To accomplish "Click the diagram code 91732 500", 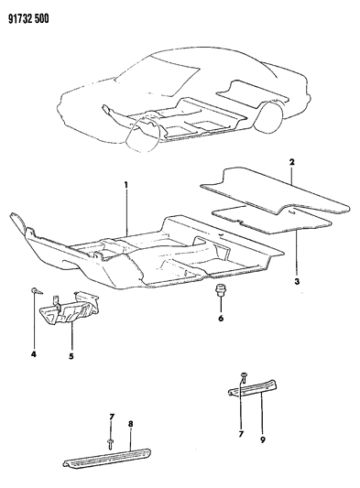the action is tap(28, 19).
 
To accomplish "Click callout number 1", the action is tap(126, 185).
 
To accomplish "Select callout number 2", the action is tap(291, 162).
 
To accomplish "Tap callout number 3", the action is tap(297, 282).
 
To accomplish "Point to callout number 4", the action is tap(33, 353).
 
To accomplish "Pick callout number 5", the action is tap(71, 356).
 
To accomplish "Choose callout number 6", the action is tap(221, 318).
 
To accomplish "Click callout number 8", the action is tap(130, 424).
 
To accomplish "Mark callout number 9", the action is tap(263, 439).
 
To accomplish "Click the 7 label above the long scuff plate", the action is tap(112, 417).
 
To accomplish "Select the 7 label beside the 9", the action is tap(241, 434).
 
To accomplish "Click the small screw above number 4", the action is tap(36, 291).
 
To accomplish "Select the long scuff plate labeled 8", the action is tap(108, 459).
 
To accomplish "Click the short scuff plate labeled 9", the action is tap(253, 387).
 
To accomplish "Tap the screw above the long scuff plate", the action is tap(111, 444).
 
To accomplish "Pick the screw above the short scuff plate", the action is tap(244, 377).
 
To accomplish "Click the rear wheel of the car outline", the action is tap(268, 115).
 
